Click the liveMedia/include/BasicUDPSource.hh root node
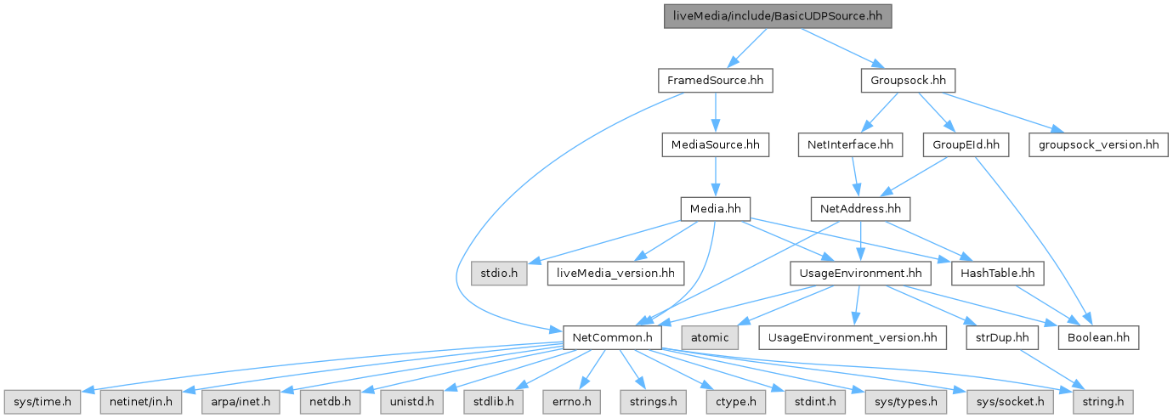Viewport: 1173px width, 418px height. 778,16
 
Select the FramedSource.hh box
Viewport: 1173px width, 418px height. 715,81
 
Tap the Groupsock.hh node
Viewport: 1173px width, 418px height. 909,81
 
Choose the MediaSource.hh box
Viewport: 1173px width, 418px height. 715,145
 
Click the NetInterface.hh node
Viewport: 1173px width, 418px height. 849,145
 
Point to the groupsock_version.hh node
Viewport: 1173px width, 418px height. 1097,145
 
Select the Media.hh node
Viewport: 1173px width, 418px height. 715,209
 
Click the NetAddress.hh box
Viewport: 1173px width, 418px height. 861,209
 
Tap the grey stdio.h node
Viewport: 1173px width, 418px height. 499,273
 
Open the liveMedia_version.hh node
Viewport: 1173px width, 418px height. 616,273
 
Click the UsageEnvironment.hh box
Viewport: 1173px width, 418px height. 860,273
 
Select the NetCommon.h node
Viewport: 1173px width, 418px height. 612,337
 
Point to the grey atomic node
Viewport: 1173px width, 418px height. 710,337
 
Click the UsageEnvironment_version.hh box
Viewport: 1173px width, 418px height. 853,337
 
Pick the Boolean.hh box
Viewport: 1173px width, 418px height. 1098,337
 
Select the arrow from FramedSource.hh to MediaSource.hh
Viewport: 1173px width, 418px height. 715,113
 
